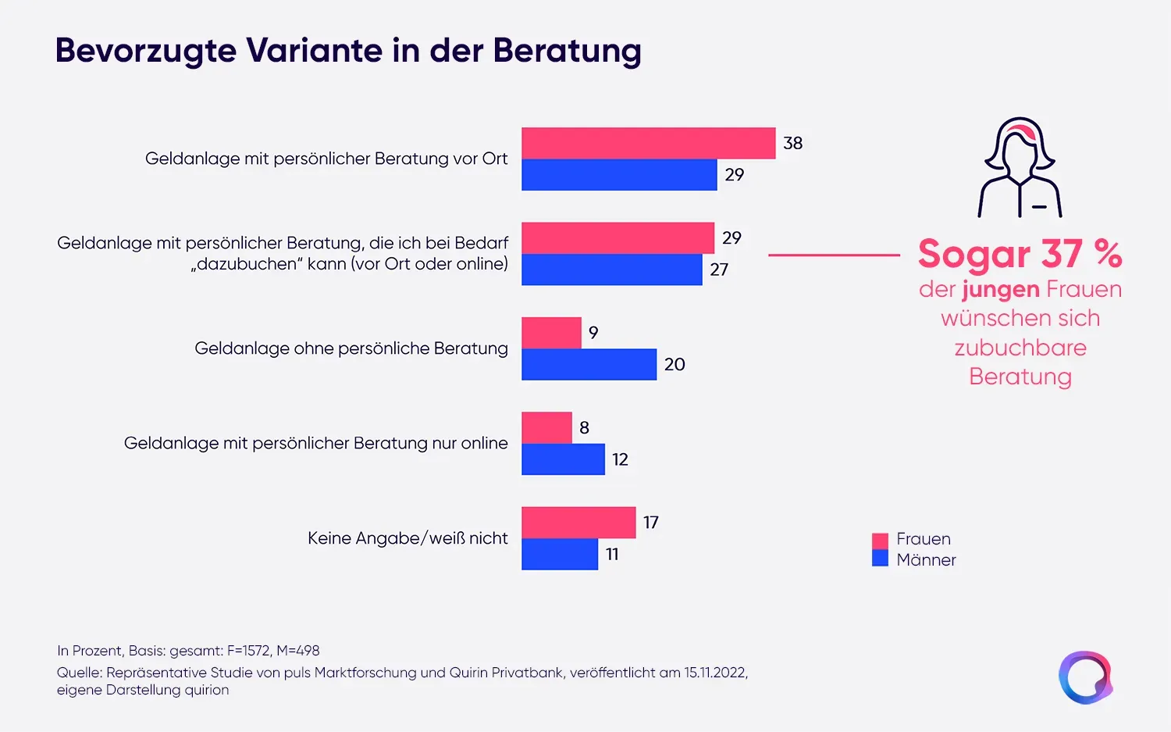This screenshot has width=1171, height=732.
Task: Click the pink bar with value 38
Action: point(648,144)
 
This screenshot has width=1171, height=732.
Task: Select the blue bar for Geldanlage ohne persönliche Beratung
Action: point(589,365)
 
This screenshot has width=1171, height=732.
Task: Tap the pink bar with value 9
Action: point(551,333)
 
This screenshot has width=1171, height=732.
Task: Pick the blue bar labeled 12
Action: point(563,459)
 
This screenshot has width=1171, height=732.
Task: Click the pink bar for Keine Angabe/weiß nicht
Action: point(578,523)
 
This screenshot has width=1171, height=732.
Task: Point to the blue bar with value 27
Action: point(611,270)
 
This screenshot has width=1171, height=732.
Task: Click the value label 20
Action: point(674,365)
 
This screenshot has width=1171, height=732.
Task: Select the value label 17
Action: point(651,523)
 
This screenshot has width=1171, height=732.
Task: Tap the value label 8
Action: point(584,428)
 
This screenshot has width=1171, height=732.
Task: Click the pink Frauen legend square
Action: point(880,541)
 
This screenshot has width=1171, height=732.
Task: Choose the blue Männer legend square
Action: point(880,559)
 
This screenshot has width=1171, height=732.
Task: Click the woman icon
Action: point(1020,168)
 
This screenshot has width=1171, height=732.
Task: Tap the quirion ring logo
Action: point(1085,677)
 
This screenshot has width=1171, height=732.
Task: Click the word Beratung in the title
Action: point(567,51)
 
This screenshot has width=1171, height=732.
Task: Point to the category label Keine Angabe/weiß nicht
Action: point(408,538)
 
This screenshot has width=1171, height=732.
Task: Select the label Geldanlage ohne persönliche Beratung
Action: point(351,348)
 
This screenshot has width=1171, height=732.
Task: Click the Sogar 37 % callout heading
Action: point(1020,254)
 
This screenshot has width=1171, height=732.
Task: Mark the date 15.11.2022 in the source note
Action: point(714,673)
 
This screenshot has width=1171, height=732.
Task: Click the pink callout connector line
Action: point(834,255)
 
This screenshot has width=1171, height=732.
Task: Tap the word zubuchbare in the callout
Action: point(1020,348)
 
